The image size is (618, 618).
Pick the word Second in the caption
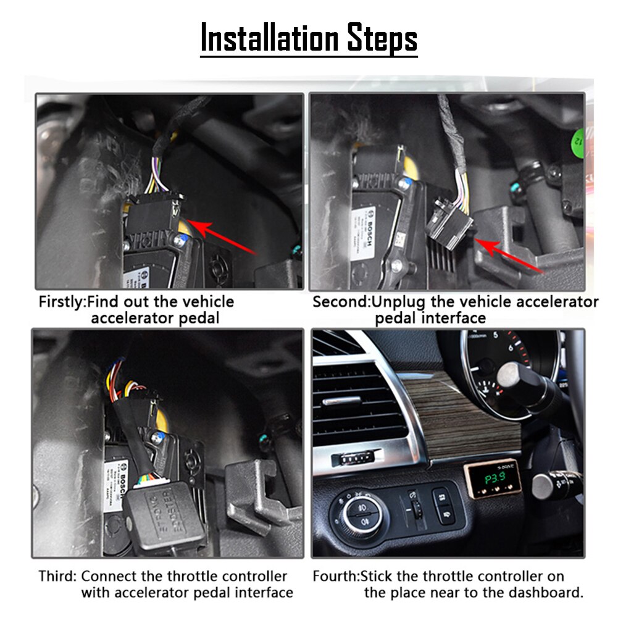[x=340, y=302]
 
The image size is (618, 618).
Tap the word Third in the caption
[x=57, y=576]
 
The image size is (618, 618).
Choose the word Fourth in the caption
[x=335, y=576]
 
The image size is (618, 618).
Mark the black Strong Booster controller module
[x=164, y=512]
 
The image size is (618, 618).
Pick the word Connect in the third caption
[x=109, y=576]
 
